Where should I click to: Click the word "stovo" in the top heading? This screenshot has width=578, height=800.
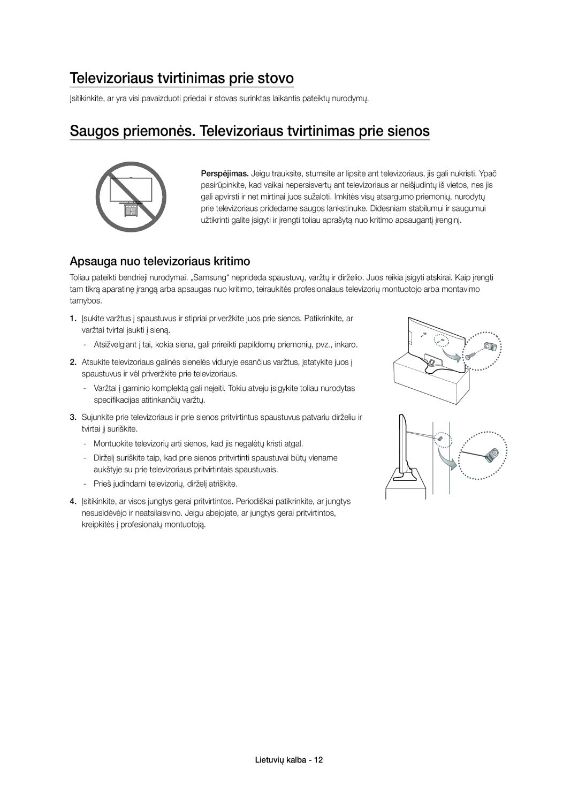[275, 78]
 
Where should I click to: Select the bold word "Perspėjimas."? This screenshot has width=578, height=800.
[225, 174]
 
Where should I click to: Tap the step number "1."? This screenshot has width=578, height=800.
[73, 318]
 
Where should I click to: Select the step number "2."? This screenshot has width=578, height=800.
[73, 362]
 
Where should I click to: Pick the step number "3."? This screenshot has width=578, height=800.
[73, 417]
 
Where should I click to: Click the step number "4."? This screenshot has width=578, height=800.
[73, 501]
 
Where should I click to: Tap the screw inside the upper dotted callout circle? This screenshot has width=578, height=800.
[471, 356]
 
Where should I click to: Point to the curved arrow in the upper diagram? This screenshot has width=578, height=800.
[451, 356]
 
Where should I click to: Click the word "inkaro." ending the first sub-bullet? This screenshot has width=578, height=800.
[347, 345]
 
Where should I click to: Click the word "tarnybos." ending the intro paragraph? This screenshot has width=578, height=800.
[86, 301]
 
